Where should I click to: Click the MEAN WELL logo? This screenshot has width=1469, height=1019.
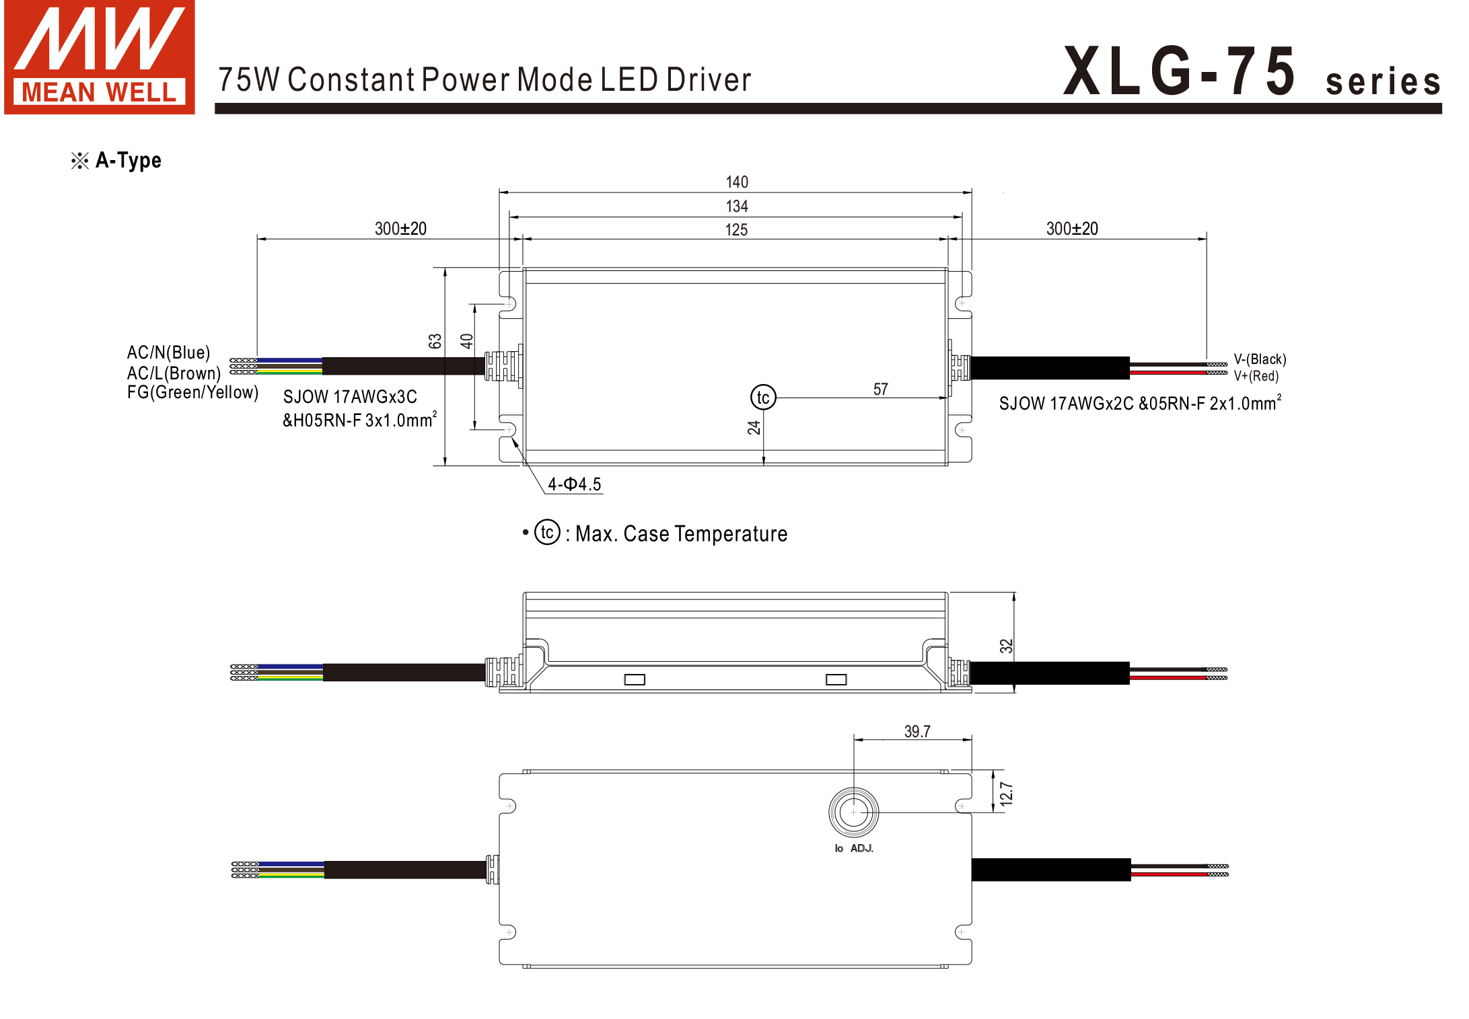[x=100, y=57]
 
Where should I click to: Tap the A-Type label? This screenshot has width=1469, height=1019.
[x=128, y=160]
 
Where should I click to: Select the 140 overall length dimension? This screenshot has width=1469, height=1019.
[x=737, y=182]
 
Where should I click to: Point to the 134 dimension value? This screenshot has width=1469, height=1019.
[x=737, y=206]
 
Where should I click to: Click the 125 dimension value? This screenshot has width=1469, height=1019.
[x=736, y=230]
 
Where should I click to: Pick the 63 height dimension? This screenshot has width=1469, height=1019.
[x=435, y=341]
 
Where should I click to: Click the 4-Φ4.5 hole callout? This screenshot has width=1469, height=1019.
[x=574, y=484]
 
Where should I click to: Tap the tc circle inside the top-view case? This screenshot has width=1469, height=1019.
[x=763, y=398]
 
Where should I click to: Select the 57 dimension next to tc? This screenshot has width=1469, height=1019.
[x=880, y=389]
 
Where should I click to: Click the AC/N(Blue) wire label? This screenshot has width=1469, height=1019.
[x=168, y=352]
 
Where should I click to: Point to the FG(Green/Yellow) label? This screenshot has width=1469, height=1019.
[x=192, y=392]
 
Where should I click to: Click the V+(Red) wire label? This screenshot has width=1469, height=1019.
[x=1256, y=376]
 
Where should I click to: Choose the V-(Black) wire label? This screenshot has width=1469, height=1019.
[x=1260, y=359]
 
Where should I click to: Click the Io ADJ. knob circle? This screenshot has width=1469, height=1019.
[x=853, y=812]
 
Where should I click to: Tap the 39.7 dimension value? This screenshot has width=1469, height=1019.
[x=917, y=731]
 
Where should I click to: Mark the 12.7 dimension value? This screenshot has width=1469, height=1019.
[x=1006, y=794]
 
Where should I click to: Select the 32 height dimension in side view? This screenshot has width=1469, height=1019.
[x=1006, y=646]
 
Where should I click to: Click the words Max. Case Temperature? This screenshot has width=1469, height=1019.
[x=681, y=534]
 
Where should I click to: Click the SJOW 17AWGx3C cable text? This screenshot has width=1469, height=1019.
[x=350, y=397]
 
